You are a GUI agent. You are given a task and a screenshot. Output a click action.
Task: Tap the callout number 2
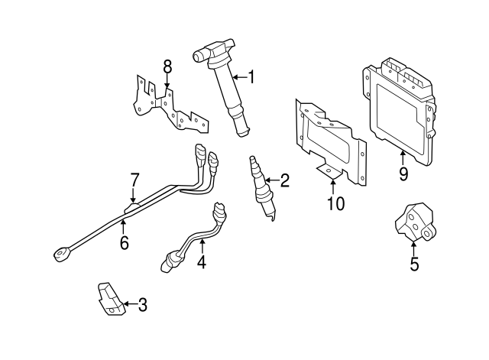(x=284, y=181)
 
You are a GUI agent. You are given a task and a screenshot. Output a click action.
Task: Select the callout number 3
(x=142, y=306)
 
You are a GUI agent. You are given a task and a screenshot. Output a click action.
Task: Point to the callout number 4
(x=202, y=262)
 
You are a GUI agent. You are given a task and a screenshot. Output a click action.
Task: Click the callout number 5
(x=413, y=265)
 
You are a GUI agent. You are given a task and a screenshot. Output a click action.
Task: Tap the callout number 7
(x=134, y=180)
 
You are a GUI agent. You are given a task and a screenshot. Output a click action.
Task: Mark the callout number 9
(x=403, y=174)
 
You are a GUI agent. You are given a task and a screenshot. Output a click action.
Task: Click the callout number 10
(x=335, y=203)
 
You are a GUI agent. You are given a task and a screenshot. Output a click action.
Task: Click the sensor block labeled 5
(x=413, y=222)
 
